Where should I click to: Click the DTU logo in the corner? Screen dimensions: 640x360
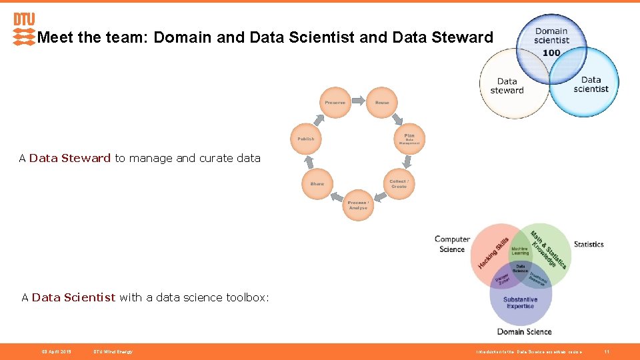click(x=24, y=29)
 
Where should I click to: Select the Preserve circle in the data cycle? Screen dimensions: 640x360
click(x=335, y=103)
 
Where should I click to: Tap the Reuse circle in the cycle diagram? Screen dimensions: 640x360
click(x=382, y=103)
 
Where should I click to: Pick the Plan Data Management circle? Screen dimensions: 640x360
click(x=409, y=139)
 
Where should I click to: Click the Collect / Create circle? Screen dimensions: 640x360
click(x=399, y=183)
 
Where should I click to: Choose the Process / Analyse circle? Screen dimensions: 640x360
click(x=358, y=205)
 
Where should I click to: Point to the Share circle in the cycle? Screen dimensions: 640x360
click(x=317, y=183)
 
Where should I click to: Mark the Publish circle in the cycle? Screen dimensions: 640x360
click(x=305, y=139)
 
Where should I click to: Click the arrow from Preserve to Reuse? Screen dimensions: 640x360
click(x=359, y=101)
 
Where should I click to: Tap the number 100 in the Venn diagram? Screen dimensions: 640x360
click(x=551, y=53)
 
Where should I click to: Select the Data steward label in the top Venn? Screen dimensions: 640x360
click(x=507, y=86)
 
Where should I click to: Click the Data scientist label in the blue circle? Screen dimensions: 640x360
click(x=591, y=84)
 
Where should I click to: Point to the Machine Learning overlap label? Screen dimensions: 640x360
click(x=520, y=250)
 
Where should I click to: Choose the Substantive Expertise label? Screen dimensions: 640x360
click(x=520, y=303)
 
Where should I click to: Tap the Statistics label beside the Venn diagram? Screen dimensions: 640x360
click(x=589, y=244)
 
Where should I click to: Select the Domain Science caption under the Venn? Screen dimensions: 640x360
click(x=524, y=331)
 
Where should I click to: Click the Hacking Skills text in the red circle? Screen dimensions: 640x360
click(x=493, y=253)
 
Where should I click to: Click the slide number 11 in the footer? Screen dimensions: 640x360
click(x=607, y=351)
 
